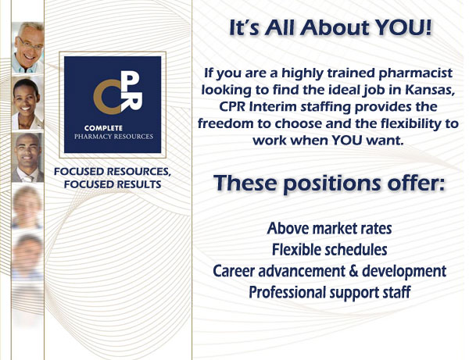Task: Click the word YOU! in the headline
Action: coord(403,27)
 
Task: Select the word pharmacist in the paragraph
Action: coord(415,73)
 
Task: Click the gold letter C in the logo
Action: coord(106,97)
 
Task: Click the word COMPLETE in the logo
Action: coord(103,128)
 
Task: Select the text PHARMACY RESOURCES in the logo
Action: coord(113,137)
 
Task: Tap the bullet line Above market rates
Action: coord(329,229)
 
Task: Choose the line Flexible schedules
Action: coord(329,250)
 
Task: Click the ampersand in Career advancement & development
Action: coord(353,271)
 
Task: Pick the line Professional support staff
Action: coord(330,293)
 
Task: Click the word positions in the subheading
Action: coord(332,184)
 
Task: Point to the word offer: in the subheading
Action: coord(416,182)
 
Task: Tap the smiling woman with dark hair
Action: coord(27,102)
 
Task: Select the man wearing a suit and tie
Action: coord(27,158)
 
